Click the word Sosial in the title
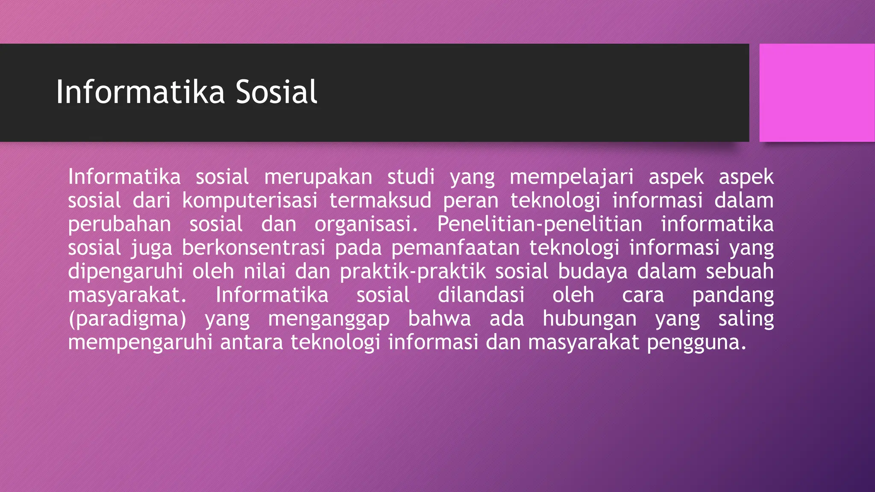pos(276,92)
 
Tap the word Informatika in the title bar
pos(140,92)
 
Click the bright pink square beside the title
pos(816,93)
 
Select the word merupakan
pos(318,177)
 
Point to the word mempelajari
pos(571,177)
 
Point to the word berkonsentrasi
pos(253,248)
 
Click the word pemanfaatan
pos(455,248)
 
